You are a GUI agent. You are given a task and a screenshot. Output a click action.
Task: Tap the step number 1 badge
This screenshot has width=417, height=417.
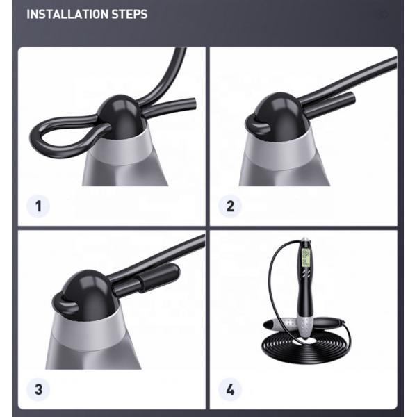click(x=39, y=205)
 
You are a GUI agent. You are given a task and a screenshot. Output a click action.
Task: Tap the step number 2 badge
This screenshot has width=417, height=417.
click(x=231, y=205)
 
